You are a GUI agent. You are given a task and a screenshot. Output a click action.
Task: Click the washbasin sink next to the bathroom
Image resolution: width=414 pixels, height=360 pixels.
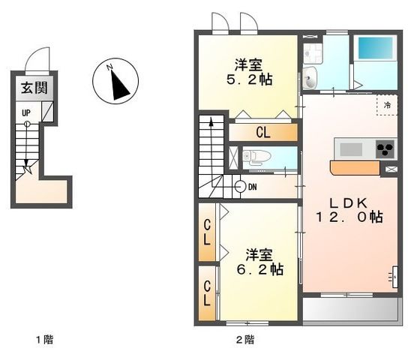[310, 74]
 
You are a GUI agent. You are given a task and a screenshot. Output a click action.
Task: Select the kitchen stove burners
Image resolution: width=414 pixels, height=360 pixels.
[385, 148]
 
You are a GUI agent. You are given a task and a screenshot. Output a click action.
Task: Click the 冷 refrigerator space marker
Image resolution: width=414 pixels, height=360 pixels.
[388, 105]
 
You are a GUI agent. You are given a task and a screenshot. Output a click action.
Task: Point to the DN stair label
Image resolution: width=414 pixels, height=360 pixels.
[253, 187]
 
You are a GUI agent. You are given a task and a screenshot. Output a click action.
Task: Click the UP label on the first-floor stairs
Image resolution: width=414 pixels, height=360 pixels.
[26, 113]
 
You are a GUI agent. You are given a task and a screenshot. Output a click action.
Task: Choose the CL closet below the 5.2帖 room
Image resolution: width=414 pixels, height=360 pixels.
[262, 133]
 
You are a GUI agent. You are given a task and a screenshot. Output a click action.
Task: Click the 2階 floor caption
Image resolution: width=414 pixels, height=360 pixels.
[244, 340]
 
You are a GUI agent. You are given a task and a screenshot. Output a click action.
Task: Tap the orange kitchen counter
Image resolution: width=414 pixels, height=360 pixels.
[355, 166]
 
